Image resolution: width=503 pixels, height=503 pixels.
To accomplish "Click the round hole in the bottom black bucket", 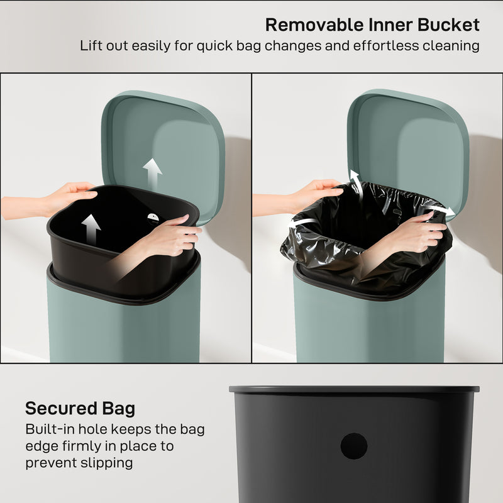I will pyautogui.click(x=354, y=446).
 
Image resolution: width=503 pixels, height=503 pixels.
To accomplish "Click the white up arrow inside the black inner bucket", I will pyautogui.click(x=91, y=229).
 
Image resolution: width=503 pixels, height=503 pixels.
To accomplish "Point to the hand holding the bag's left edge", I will pyautogui.click(x=318, y=191).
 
